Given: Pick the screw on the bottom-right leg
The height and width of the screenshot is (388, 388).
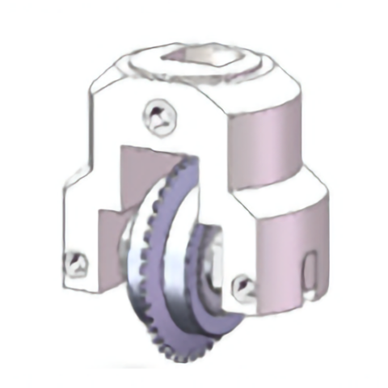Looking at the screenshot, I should [241, 285].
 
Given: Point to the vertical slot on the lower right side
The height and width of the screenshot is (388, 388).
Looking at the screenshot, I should [310, 269].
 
